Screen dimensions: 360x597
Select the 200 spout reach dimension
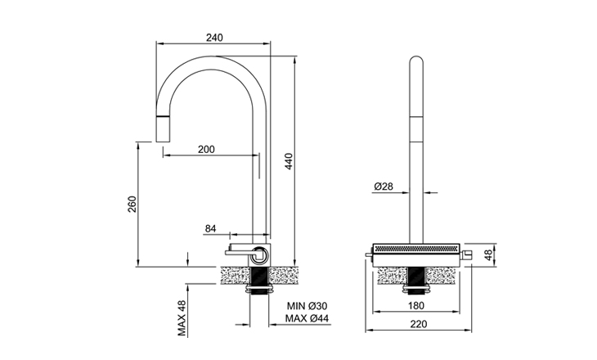[206, 149]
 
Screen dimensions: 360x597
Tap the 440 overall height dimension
[289, 162]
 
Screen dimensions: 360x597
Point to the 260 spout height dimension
[132, 204]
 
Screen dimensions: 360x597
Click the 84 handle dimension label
[210, 228]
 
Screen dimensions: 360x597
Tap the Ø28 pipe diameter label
[384, 187]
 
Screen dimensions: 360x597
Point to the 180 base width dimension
[416, 306]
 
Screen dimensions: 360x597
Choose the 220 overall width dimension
[416, 324]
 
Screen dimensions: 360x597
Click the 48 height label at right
[488, 255]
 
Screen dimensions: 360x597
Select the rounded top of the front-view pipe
[416, 62]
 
